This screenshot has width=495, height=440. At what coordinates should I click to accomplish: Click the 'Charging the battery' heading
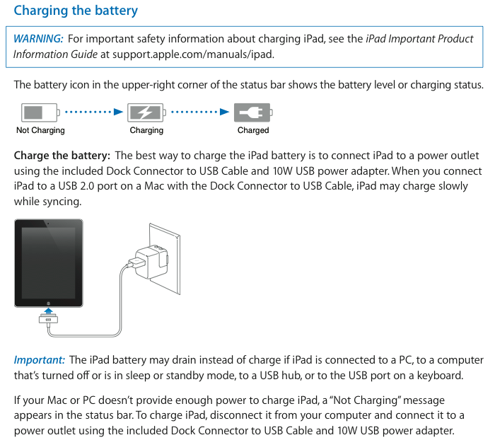[x=76, y=11]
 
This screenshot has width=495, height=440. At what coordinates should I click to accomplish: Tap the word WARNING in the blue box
[x=38, y=39]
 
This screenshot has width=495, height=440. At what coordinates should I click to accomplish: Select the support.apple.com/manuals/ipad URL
[x=193, y=54]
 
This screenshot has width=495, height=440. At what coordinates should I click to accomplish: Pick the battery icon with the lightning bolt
[x=146, y=112]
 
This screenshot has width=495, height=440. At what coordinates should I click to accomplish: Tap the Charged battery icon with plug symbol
[x=253, y=112]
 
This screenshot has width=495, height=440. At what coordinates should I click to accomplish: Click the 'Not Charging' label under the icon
[x=40, y=130]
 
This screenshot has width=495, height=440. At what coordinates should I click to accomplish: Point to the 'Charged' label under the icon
[x=253, y=130]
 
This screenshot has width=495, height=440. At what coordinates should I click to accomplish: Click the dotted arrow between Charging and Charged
[x=200, y=112]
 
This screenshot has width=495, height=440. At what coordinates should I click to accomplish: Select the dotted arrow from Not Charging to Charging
[x=94, y=112]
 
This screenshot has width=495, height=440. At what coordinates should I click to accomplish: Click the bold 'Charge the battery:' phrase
[x=62, y=156]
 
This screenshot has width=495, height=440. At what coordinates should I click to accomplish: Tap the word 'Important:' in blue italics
[x=40, y=360]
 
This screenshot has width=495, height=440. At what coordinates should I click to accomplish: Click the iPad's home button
[x=48, y=303]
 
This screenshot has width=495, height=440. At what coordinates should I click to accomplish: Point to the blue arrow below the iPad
[x=48, y=311]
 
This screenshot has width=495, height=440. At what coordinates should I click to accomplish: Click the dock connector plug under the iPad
[x=48, y=319]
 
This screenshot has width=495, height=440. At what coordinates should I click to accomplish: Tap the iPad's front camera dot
[x=48, y=224]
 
